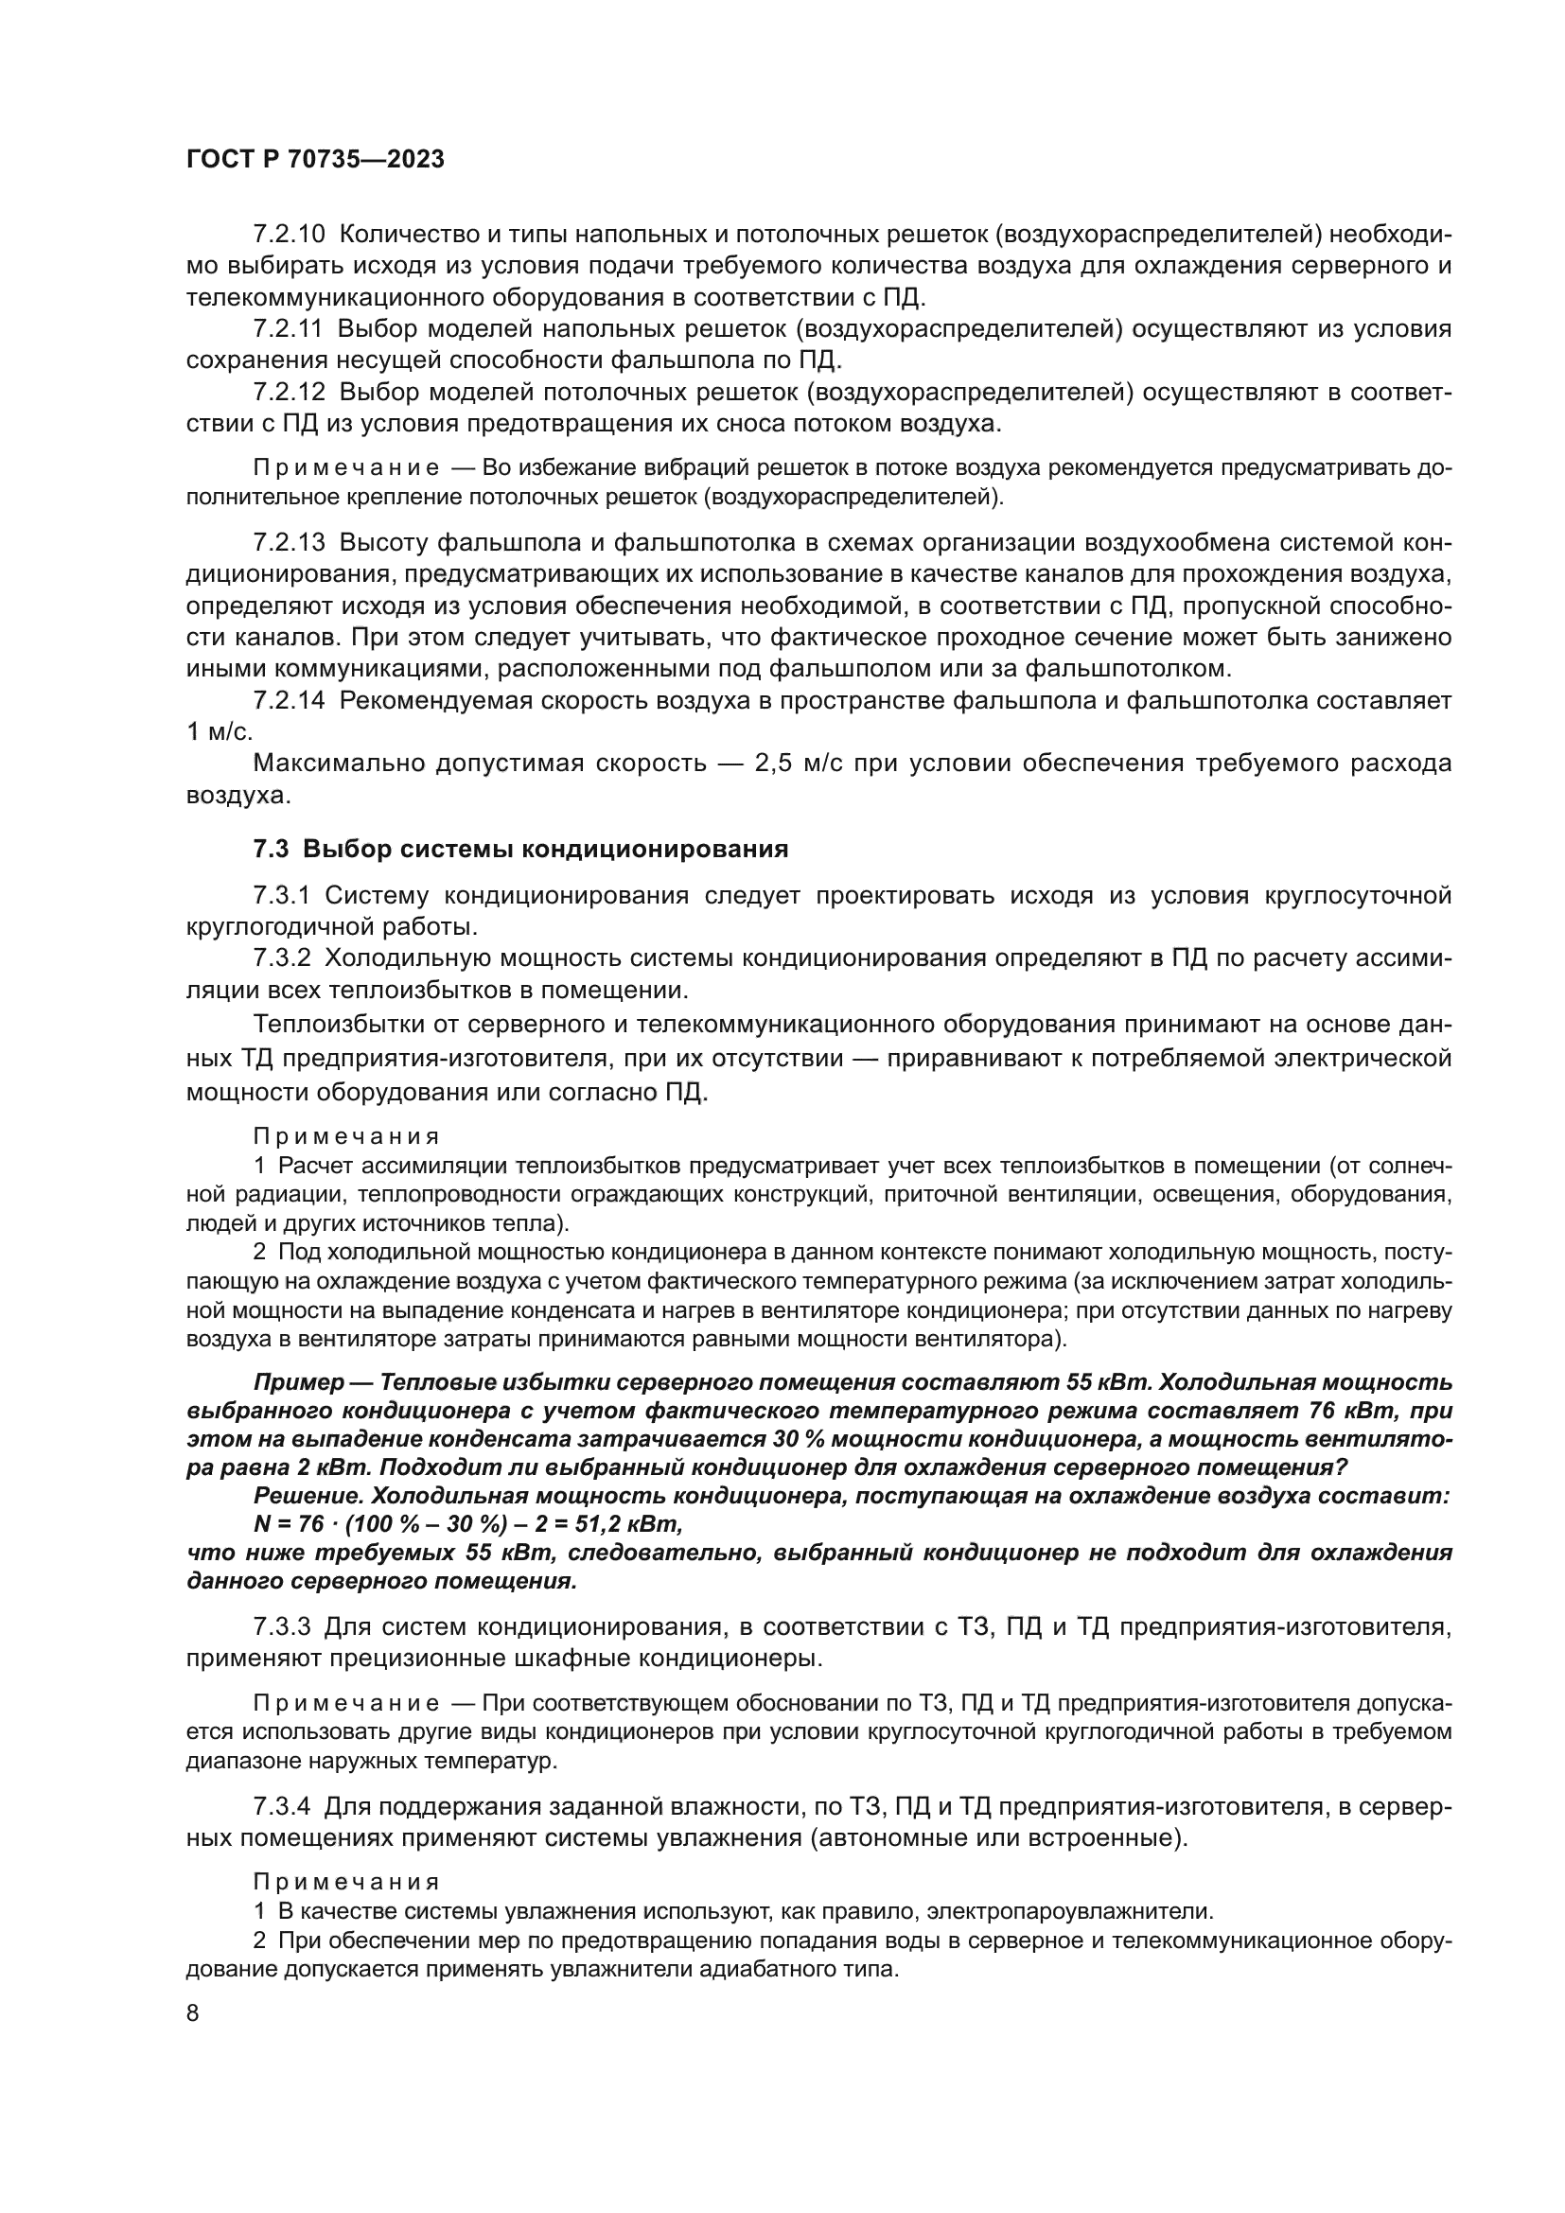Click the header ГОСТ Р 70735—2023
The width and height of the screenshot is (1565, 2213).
[x=315, y=160]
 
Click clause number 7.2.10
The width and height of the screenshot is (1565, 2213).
[x=290, y=235]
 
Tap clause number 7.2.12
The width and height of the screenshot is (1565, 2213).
[x=290, y=393]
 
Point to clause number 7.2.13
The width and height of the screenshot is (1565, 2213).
[x=290, y=543]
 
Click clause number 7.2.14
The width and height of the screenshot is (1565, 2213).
[x=290, y=701]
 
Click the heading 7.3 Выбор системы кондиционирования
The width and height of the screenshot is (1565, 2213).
[x=520, y=849]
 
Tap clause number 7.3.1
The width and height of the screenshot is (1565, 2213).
[x=281, y=896]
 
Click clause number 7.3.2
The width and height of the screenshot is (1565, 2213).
[x=282, y=958]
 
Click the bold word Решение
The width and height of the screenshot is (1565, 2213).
[x=308, y=1496]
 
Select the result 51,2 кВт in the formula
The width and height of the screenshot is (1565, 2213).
[x=632, y=1525]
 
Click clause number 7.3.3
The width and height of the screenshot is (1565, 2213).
[x=282, y=1628]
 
